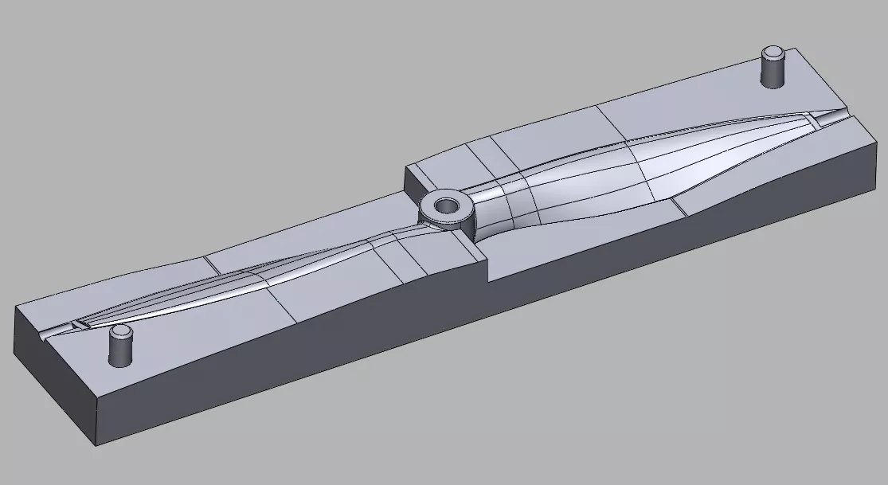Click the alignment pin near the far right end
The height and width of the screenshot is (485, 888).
coord(773,69)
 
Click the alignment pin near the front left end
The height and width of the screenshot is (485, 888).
coord(119,347)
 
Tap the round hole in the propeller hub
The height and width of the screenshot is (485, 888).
coord(447,205)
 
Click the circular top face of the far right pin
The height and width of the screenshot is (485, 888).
coord(773,53)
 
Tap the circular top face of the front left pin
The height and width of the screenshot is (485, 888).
coord(119,331)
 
